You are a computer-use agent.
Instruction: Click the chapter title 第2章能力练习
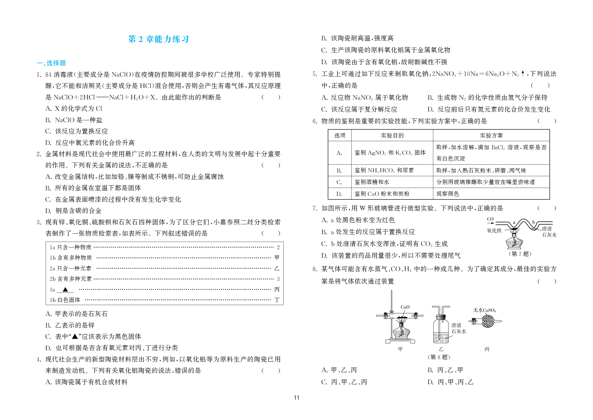[158, 39]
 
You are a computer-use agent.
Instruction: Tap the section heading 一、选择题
[51, 63]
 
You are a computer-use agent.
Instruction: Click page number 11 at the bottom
[296, 398]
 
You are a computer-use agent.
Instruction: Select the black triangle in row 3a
[65, 289]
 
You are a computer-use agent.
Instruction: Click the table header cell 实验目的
[392, 136]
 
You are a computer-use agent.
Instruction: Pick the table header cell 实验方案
[491, 136]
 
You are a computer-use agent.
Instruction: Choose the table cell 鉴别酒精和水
[372, 182]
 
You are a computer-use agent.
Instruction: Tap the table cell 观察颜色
[447, 194]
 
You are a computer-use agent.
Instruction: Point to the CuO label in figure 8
[405, 307]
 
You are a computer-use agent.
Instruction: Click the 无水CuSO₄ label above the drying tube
[484, 310]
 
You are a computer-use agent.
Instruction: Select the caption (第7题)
[520, 254]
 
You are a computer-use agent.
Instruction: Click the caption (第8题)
[439, 357]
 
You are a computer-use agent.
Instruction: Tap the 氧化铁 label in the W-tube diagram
[494, 230]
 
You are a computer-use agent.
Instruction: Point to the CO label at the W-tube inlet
[490, 219]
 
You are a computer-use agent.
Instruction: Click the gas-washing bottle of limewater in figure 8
[440, 329]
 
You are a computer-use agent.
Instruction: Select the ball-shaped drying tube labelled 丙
[487, 321]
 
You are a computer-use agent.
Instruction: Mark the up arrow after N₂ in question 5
[523, 73]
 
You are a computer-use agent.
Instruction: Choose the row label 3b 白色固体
[65, 300]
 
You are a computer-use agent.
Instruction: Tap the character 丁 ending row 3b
[277, 300]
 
